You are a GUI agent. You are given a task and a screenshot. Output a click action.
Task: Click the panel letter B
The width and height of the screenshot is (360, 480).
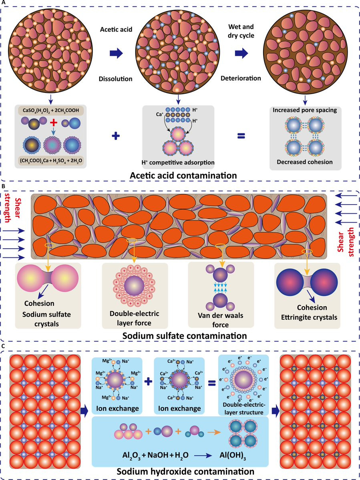(x=3, y=186)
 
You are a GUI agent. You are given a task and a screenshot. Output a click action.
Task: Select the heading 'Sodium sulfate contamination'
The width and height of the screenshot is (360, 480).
(x=180, y=333)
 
